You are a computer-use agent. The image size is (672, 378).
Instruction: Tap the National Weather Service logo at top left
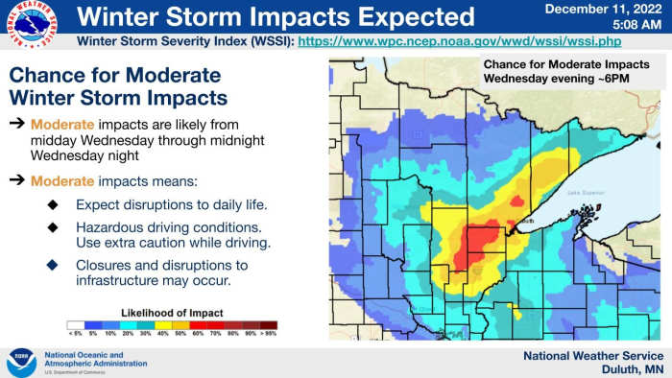[x=28, y=24]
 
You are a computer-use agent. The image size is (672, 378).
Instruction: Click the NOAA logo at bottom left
[x=21, y=362]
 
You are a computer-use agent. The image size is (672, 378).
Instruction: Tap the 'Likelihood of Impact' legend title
[x=172, y=313]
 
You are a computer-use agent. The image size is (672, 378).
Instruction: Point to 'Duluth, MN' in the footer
[x=629, y=370]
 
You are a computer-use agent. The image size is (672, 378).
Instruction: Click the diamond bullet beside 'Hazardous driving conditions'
[x=53, y=227]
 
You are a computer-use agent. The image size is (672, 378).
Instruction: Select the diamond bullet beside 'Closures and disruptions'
[x=53, y=265]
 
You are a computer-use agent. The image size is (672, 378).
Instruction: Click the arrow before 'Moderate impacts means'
[x=17, y=180]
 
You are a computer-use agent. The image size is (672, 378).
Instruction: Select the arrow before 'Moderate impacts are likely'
[x=17, y=125]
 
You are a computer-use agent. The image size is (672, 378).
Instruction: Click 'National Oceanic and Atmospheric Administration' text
[x=96, y=360]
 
